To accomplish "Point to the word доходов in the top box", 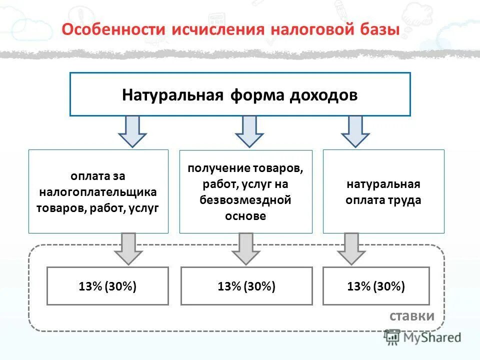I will tap(322, 95).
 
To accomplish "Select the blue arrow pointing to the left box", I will tap(132, 131).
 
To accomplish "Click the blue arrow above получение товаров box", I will tap(249, 131).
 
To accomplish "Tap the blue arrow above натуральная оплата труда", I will tap(355, 131).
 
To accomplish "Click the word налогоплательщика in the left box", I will tap(98, 192).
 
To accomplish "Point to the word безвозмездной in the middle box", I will tap(245, 200).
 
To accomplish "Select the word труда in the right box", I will tap(406, 200).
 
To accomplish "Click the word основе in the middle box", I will tap(245, 216).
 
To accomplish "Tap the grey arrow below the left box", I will tap(128, 248).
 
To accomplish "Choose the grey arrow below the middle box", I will tap(245, 248).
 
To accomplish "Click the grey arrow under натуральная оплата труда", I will tap(351, 248).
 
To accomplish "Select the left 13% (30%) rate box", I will tap(107, 286).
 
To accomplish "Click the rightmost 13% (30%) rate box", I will tap(376, 286).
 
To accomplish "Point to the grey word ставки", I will tap(412, 316).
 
